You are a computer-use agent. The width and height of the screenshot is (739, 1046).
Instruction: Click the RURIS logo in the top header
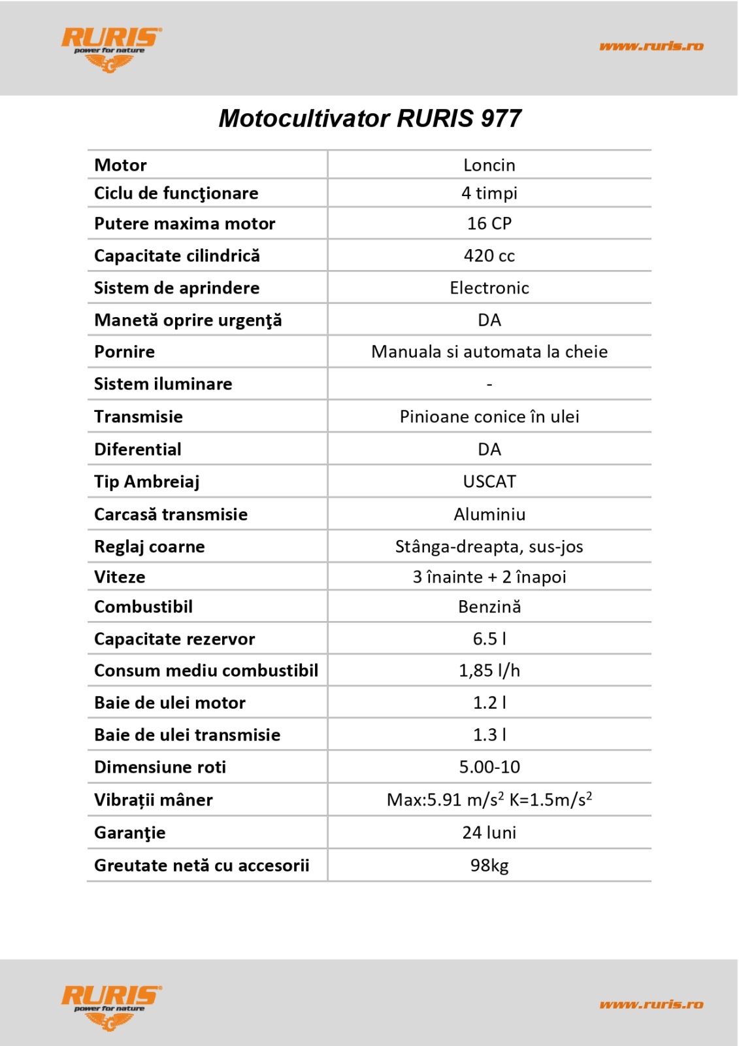click(111, 48)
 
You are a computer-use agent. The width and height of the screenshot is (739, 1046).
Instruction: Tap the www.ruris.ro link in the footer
click(651, 1004)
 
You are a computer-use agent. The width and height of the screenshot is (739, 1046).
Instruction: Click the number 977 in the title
click(501, 118)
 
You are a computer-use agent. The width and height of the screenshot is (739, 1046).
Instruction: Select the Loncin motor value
click(489, 165)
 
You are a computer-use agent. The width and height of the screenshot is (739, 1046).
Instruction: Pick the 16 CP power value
click(489, 224)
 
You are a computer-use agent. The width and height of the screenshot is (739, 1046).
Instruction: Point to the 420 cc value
click(489, 256)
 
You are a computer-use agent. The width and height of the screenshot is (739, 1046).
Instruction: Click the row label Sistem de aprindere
click(176, 288)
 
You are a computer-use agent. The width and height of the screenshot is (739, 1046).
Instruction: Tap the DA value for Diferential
click(489, 449)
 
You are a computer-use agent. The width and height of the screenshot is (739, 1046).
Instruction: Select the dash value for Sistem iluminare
click(489, 384)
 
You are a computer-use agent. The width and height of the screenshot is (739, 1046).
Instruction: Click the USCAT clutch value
click(489, 482)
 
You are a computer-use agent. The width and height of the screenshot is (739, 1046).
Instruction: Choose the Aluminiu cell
click(489, 515)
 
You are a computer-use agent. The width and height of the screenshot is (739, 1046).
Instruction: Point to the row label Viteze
click(120, 577)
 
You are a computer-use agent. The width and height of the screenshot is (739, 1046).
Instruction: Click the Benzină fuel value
click(489, 607)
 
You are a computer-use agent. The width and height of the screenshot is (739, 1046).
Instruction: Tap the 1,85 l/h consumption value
click(489, 670)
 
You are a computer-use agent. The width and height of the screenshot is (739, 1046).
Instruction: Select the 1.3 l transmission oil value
click(489, 735)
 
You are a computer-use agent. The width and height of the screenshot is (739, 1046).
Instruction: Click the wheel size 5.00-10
click(489, 767)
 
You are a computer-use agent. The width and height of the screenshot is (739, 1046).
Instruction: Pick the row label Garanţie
click(129, 833)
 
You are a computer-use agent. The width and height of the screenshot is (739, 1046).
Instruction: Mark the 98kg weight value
click(489, 866)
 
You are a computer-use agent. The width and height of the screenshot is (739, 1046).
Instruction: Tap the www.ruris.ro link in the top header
click(651, 46)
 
